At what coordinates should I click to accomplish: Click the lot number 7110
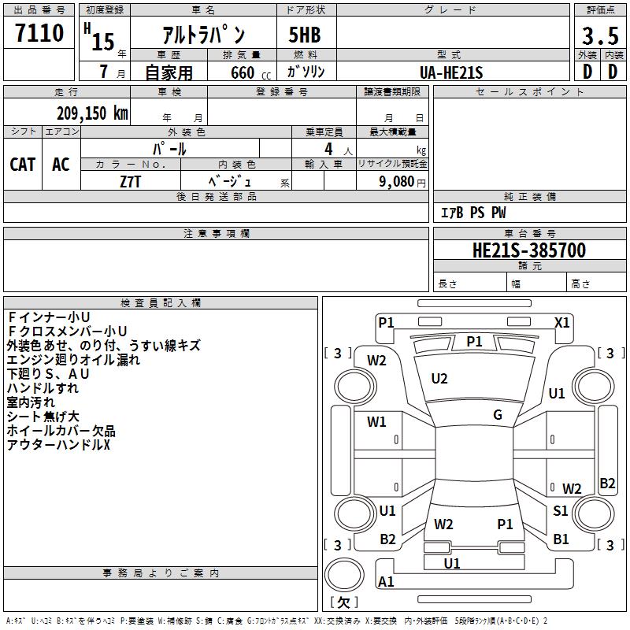39,33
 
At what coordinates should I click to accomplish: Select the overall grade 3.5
600,35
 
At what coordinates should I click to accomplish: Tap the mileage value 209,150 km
92,113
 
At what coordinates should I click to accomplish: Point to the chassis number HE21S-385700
529,250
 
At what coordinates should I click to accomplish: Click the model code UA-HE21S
451,72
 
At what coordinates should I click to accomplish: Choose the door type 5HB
305,35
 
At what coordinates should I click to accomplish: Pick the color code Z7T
130,182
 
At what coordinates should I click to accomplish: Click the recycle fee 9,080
397,182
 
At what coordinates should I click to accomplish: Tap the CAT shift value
23,165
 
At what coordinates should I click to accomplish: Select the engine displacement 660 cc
250,72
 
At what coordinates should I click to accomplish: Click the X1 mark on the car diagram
561,323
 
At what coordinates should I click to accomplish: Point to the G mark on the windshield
498,415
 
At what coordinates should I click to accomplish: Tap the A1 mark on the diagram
386,581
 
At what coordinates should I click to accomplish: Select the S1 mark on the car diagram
560,510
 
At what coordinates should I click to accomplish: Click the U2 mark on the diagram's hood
439,379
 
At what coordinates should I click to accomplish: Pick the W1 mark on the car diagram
376,421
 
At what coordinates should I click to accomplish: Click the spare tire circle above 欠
344,575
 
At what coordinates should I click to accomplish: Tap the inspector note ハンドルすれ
43,388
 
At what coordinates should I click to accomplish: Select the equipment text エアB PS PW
473,213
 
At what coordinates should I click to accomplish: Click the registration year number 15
103,42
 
